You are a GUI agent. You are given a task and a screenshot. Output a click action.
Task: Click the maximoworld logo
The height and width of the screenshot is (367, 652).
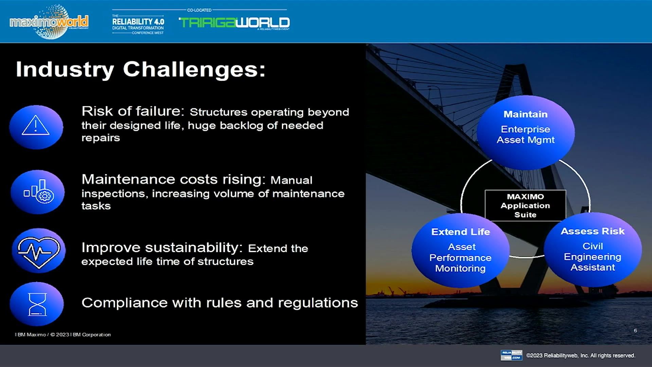(x=49, y=22)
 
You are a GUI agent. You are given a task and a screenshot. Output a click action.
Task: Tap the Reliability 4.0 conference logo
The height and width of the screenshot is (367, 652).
(x=138, y=24)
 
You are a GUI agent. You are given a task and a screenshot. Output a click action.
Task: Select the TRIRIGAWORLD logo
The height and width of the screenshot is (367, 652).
(x=234, y=22)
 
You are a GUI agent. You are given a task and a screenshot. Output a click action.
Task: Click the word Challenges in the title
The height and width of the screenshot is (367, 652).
(x=194, y=69)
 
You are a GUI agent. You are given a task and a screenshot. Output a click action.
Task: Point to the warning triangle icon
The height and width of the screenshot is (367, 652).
(x=36, y=126)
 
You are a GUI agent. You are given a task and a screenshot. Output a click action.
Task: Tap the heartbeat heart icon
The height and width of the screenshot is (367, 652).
(x=38, y=251)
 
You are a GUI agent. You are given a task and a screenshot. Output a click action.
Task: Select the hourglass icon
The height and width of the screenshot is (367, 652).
(x=37, y=304)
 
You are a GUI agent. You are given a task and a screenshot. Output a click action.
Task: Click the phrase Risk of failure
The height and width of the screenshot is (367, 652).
(x=133, y=111)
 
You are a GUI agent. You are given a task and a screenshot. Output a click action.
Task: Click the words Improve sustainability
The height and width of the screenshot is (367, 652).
(x=162, y=247)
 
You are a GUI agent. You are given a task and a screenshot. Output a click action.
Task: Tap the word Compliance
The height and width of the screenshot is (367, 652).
(x=124, y=302)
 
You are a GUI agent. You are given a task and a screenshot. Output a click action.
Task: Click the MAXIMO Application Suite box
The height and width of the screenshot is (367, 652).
(x=525, y=206)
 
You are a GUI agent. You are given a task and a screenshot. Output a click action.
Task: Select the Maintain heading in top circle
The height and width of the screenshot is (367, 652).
(x=525, y=114)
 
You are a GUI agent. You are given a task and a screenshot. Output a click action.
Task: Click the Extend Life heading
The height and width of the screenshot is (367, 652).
(x=460, y=232)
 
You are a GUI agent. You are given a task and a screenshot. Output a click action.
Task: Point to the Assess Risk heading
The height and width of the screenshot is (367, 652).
(x=593, y=231)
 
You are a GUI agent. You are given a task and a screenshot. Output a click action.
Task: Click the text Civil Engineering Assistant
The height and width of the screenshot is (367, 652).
(x=593, y=257)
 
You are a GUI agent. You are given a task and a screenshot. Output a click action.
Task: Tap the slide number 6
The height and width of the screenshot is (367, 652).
(x=635, y=330)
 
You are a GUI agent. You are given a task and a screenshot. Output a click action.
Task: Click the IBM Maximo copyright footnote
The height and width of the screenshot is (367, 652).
(x=63, y=335)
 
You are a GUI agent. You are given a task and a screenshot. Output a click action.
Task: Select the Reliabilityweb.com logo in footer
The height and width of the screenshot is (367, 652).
(x=511, y=355)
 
